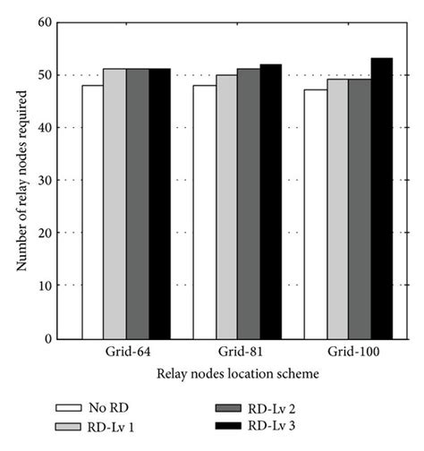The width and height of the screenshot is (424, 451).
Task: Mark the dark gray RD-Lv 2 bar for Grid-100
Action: pyautogui.click(x=360, y=209)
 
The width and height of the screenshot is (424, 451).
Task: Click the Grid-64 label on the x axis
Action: pyautogui.click(x=125, y=353)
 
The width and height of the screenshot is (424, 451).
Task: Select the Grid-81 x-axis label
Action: pyautogui.click(x=237, y=353)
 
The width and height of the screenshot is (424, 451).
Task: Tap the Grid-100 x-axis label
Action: pyautogui.click(x=349, y=353)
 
